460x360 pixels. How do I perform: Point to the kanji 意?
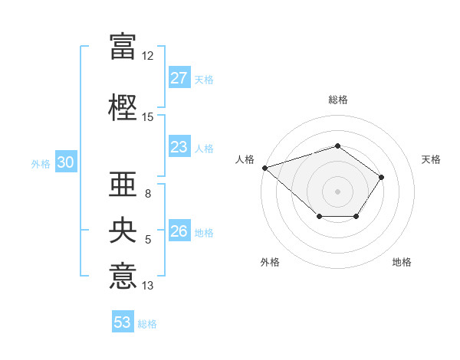[x=123, y=276]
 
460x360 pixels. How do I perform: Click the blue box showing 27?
[x=179, y=78]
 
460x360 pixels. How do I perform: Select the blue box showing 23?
[x=179, y=147]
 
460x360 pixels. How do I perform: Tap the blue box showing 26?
[x=179, y=231]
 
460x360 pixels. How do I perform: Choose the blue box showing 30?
[x=65, y=162]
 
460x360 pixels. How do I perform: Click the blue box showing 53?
[x=123, y=322]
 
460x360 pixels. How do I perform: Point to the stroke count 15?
[x=148, y=116]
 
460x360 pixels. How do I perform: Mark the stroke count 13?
[x=148, y=286]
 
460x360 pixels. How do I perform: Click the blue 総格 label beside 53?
[x=147, y=324]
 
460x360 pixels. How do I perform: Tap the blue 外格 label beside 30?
[x=40, y=164]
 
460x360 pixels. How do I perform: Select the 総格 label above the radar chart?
[x=337, y=100]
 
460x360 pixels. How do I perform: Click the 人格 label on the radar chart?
[x=245, y=159]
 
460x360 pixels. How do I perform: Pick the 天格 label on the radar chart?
[x=431, y=159]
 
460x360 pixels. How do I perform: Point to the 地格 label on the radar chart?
[x=402, y=262]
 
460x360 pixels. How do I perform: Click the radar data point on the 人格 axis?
[x=264, y=167]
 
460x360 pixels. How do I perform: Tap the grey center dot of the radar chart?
[x=337, y=191]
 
